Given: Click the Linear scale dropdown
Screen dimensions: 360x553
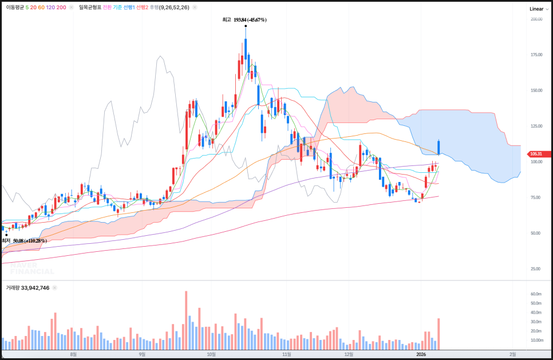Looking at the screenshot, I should pyautogui.click(x=538, y=9).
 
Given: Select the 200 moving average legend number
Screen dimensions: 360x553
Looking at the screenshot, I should pyautogui.click(x=62, y=7).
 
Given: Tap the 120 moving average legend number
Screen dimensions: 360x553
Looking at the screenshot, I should pyautogui.click(x=50, y=7).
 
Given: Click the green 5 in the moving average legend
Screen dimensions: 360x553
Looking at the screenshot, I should pyautogui.click(x=27, y=7).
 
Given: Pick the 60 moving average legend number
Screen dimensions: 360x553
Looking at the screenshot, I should pyautogui.click(x=41, y=7).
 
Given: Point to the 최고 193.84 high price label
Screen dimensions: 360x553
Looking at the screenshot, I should pyautogui.click(x=244, y=19).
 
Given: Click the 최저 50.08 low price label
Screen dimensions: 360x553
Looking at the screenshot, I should pyautogui.click(x=24, y=241).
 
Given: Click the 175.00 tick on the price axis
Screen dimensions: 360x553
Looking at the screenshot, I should pyautogui.click(x=536, y=55).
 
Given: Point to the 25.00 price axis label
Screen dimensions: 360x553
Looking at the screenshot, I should pyautogui.click(x=536, y=268).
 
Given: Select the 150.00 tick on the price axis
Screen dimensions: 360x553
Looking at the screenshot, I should pyautogui.click(x=536, y=90).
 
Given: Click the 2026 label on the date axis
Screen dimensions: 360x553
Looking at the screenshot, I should pyautogui.click(x=421, y=355).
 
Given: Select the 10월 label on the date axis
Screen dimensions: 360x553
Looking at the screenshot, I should pyautogui.click(x=211, y=355).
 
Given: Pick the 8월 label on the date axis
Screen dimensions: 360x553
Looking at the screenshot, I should pyautogui.click(x=73, y=355).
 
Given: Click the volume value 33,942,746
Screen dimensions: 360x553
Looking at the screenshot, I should pyautogui.click(x=35, y=288).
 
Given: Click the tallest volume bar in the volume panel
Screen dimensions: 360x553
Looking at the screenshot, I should pyautogui.click(x=186, y=321).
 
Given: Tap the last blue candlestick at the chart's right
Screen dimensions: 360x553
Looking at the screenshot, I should pyautogui.click(x=439, y=147).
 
